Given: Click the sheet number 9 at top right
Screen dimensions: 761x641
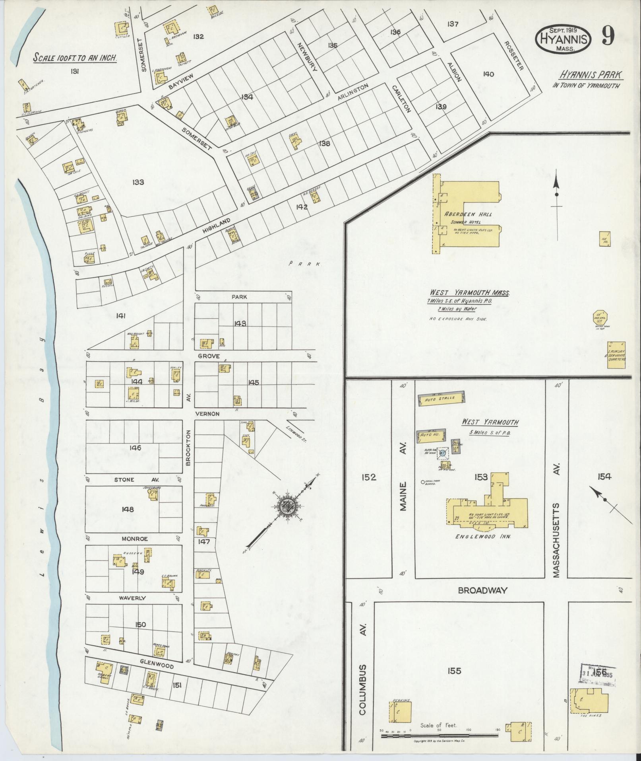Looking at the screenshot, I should pyautogui.click(x=608, y=37).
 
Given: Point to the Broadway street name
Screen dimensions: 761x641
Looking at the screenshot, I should pyautogui.click(x=482, y=590).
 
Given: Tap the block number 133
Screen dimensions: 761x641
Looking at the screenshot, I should pyautogui.click(x=138, y=182).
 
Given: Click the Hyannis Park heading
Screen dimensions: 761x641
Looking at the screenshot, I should pyautogui.click(x=591, y=74).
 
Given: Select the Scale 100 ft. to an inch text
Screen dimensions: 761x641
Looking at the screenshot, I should pyautogui.click(x=75, y=58).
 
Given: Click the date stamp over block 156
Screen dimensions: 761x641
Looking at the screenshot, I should pyautogui.click(x=599, y=674).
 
